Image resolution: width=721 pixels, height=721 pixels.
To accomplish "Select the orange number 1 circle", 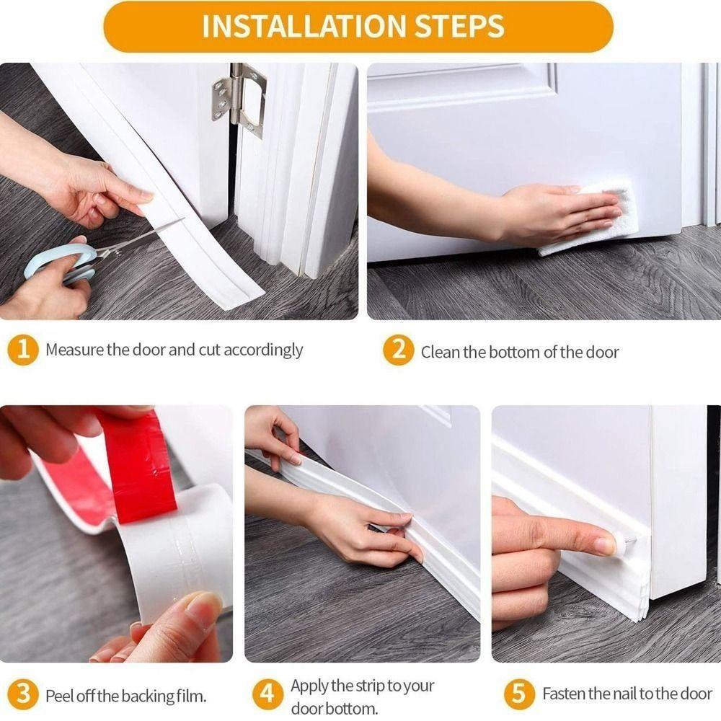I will (23, 351).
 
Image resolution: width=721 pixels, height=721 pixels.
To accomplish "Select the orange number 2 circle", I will (399, 351).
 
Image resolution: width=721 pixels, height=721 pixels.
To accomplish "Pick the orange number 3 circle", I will (23, 696).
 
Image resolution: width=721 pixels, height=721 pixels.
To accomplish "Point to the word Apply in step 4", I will (309, 686).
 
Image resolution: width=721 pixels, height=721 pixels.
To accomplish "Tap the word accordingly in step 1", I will (263, 350).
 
